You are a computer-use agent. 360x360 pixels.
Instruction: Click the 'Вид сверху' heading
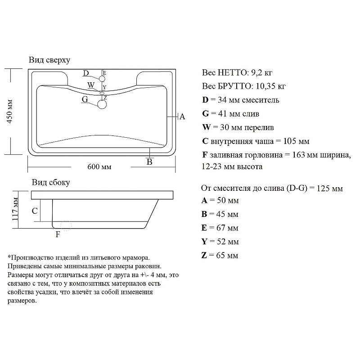[x=49, y=60]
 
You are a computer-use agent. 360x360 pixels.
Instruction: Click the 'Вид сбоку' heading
[x=51, y=183]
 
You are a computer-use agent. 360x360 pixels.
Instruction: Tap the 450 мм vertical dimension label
[x=9, y=112]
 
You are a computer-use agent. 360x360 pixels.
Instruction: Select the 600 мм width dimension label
[x=99, y=166]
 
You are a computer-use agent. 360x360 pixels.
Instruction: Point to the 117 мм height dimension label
[x=15, y=209]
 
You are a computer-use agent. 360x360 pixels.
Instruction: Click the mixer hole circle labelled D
[x=102, y=79]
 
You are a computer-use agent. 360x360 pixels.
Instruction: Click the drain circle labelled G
[x=102, y=104]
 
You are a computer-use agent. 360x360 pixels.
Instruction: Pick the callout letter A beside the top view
[x=182, y=117]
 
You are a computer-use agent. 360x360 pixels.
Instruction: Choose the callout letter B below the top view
[x=149, y=162]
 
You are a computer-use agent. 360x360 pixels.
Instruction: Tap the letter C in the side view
[x=35, y=211]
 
